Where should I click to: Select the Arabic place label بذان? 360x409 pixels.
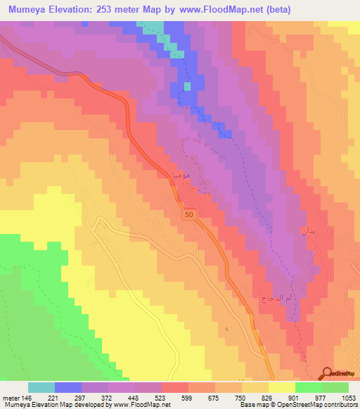click(x=309, y=231)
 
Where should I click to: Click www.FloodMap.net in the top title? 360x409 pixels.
click(x=220, y=9)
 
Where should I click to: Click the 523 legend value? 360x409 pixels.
click(x=148, y=397)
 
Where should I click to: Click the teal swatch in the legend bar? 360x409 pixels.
click(x=41, y=387)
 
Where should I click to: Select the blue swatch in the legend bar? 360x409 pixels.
click(x=68, y=387)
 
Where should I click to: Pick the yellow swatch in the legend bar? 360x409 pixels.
click(x=282, y=387)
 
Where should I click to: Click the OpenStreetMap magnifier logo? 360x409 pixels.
click(x=328, y=373)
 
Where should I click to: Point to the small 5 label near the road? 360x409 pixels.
click(x=227, y=329)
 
